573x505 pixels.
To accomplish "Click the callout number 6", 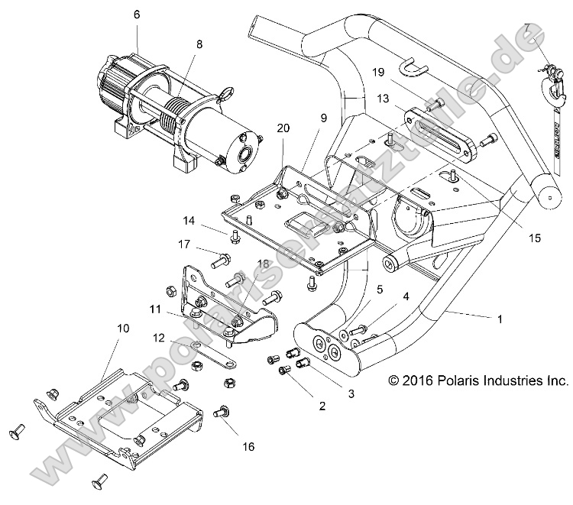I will pyautogui.click(x=137, y=15).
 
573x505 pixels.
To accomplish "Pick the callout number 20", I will pyautogui.click(x=283, y=129).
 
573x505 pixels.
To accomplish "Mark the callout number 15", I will pyautogui.click(x=534, y=238).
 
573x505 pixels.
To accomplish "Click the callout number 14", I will pyautogui.click(x=189, y=221).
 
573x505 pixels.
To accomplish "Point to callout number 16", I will pyautogui.click(x=248, y=446).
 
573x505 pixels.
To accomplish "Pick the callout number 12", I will pyautogui.click(x=158, y=338).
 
